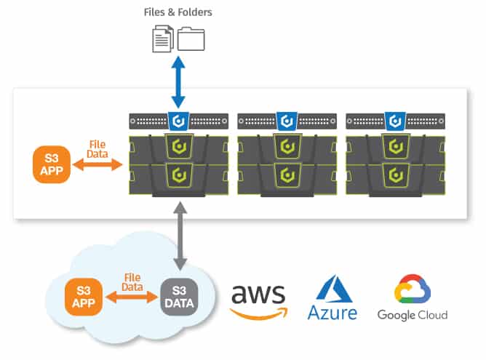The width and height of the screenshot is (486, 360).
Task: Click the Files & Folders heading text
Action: click(178, 12)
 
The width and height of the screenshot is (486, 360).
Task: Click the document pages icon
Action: click(163, 39)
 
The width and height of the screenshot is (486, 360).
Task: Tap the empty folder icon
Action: click(191, 39)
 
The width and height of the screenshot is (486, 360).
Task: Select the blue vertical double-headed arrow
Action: click(178, 81)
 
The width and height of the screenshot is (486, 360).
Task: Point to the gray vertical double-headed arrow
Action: click(180, 236)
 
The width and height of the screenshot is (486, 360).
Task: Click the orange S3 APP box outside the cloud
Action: click(52, 164)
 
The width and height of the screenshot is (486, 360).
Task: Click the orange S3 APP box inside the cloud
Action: click(84, 297)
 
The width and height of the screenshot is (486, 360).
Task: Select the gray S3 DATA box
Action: click(179, 297)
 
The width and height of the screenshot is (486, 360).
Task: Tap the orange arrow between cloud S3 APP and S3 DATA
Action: click(132, 297)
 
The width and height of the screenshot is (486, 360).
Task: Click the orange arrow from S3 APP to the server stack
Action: click(97, 164)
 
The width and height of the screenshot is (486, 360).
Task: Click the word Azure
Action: click(332, 313)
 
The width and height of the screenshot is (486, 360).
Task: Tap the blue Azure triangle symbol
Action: click(334, 289)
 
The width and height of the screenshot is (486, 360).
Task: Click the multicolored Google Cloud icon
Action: click(413, 289)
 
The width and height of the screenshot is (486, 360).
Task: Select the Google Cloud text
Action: click(413, 315)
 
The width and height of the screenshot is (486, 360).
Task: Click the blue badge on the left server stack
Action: click(178, 121)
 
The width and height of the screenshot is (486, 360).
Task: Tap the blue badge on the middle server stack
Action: click(287, 121)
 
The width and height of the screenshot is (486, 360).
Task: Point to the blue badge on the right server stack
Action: click(395, 121)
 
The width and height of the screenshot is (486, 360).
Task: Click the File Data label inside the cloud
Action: click(132, 282)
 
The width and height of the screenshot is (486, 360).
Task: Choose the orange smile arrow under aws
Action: click(258, 313)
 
